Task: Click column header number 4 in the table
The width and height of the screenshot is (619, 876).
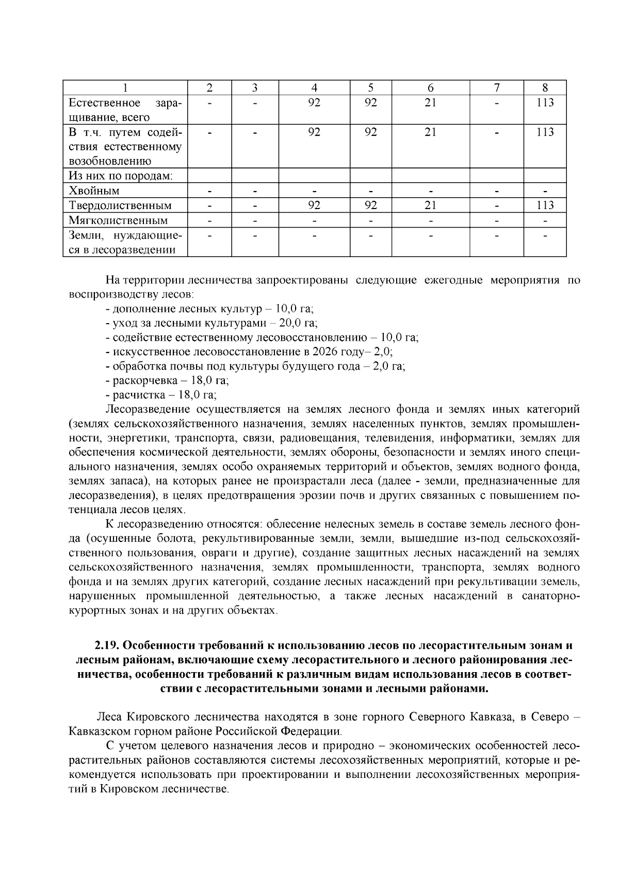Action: (x=314, y=88)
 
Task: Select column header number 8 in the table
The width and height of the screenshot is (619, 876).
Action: (x=545, y=88)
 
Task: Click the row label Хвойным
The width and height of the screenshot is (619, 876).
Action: (x=94, y=191)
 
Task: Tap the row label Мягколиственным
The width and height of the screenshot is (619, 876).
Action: (x=119, y=221)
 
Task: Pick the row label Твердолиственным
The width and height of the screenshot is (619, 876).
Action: (x=120, y=206)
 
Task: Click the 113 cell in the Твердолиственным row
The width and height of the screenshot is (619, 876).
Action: (x=545, y=205)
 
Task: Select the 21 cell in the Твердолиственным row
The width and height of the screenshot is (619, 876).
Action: (x=430, y=205)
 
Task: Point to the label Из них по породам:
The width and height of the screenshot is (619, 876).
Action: (x=121, y=176)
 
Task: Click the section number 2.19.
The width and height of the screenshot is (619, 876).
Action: (x=107, y=646)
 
